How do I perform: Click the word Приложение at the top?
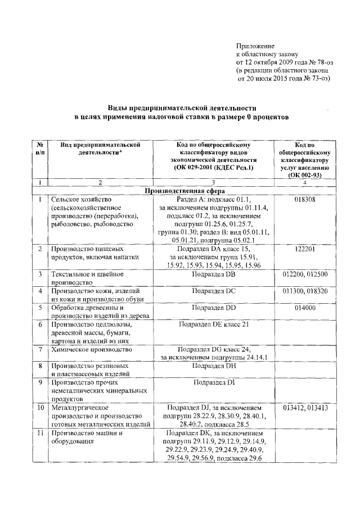click(254, 46)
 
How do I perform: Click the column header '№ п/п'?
click(40, 148)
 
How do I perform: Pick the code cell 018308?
click(304, 200)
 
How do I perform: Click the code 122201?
click(304, 249)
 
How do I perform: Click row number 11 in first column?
click(40, 433)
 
